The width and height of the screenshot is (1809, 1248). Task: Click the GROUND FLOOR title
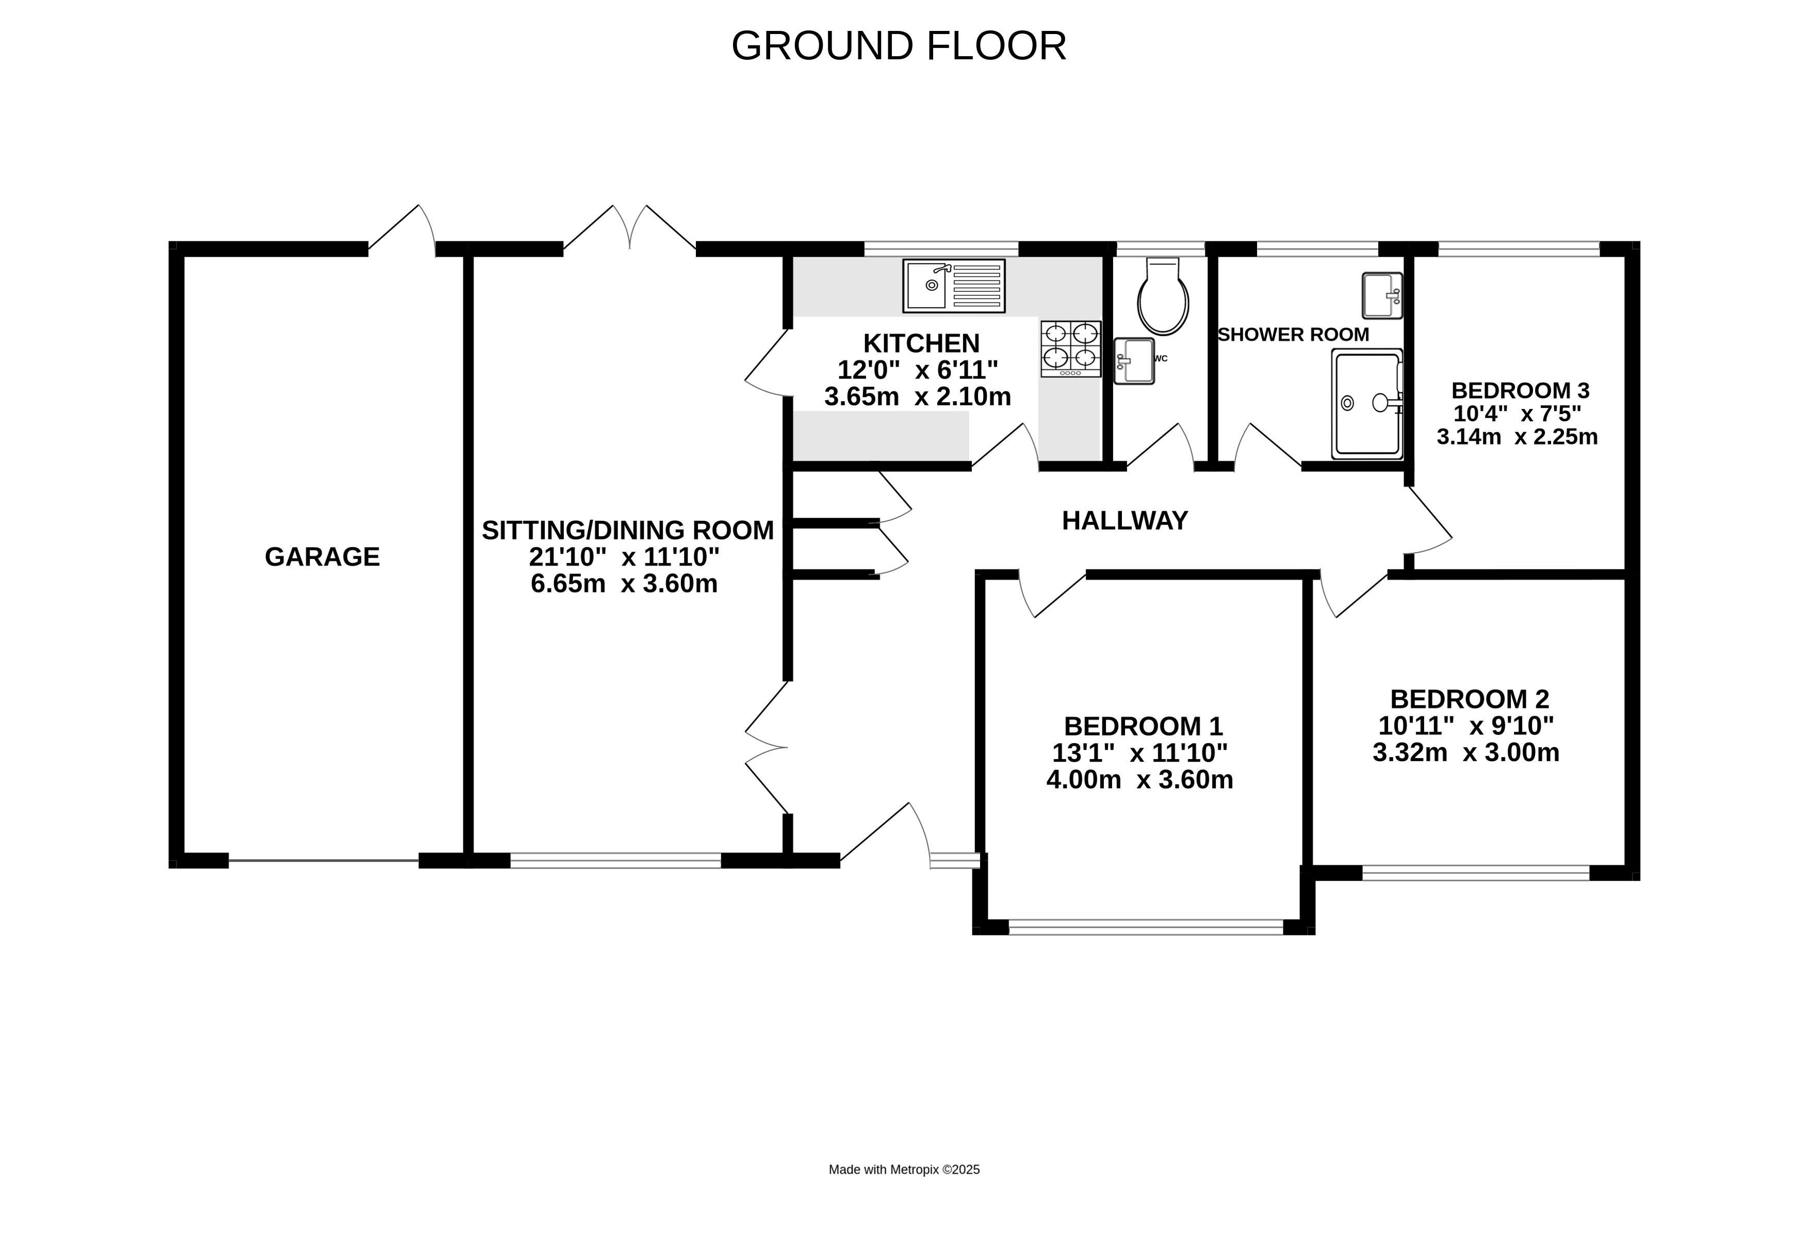tap(899, 45)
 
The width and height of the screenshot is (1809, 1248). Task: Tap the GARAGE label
tap(322, 557)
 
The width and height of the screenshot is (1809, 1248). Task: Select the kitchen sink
tap(953, 285)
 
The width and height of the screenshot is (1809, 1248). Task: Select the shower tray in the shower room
tap(1367, 403)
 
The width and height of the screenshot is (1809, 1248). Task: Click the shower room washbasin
tap(1382, 295)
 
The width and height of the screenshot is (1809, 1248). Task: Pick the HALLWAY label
tap(1124, 521)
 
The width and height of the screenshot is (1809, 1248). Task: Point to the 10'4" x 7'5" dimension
tap(1517, 413)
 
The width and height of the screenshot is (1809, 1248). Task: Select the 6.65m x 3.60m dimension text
tap(624, 583)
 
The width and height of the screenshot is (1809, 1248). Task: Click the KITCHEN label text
tap(921, 343)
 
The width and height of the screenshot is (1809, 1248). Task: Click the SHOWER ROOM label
tap(1294, 335)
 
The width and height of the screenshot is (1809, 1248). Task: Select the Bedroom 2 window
tap(1476, 873)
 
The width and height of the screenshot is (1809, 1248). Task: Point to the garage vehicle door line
tap(323, 861)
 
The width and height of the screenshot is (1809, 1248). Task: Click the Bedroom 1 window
tap(1146, 927)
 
